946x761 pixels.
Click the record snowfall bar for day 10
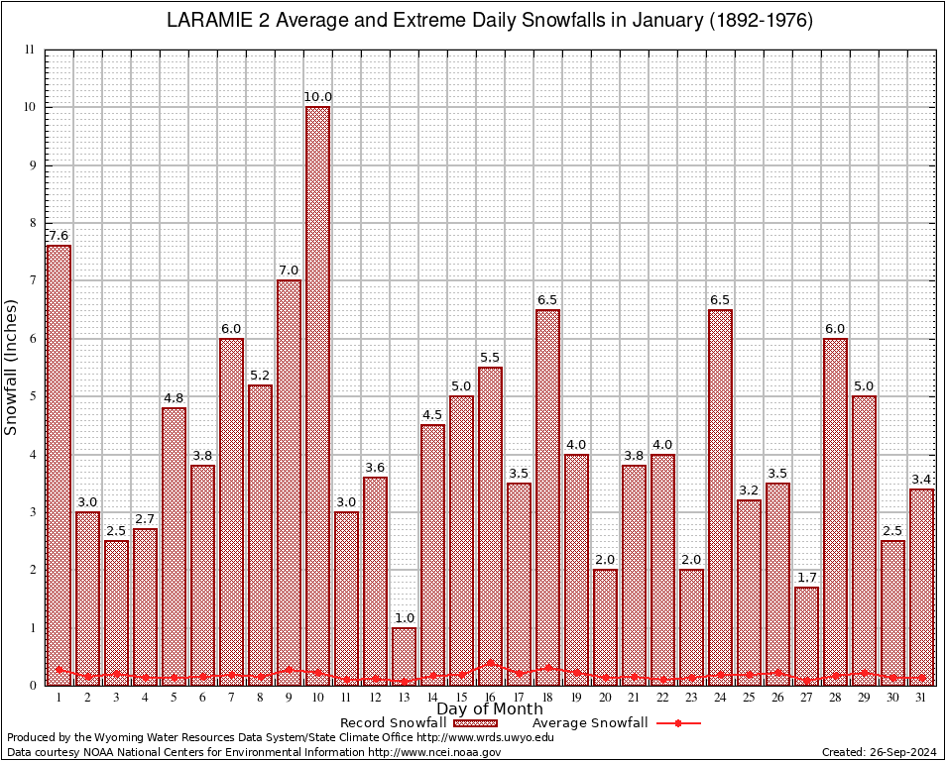(x=317, y=396)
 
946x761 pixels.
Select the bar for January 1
(x=59, y=466)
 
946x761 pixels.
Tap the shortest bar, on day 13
(x=404, y=656)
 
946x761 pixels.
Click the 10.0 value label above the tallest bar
(x=317, y=96)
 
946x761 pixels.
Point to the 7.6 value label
(x=59, y=235)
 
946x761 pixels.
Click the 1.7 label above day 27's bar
(x=807, y=577)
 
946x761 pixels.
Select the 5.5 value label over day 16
(x=490, y=357)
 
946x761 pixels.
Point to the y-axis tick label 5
(x=32, y=396)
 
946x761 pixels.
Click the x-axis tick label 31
(x=922, y=698)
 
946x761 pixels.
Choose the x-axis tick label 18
(x=547, y=698)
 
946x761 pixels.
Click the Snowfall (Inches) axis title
(x=11, y=367)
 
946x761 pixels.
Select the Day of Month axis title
(x=490, y=709)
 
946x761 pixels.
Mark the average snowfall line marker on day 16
(x=490, y=663)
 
